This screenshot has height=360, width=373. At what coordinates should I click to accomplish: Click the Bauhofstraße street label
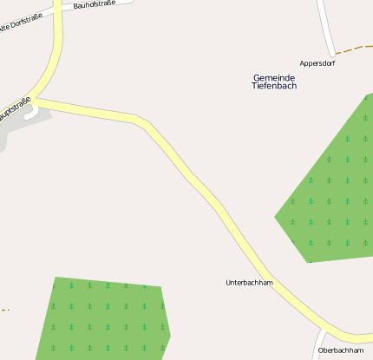click(x=94, y=4)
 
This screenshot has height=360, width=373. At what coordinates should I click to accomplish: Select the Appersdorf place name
click(x=317, y=63)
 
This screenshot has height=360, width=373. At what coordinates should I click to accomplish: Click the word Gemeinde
click(x=274, y=77)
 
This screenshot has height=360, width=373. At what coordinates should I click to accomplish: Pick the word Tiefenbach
click(x=274, y=86)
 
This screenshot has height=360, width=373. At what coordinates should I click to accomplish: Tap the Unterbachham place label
click(x=249, y=283)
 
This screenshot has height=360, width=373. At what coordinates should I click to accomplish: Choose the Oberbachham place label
click(x=340, y=350)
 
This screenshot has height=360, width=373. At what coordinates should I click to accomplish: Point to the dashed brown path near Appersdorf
click(x=354, y=48)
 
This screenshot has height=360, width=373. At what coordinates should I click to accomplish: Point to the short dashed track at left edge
click(x=4, y=310)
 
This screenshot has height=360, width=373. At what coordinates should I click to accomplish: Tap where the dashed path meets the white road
click(x=333, y=53)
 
